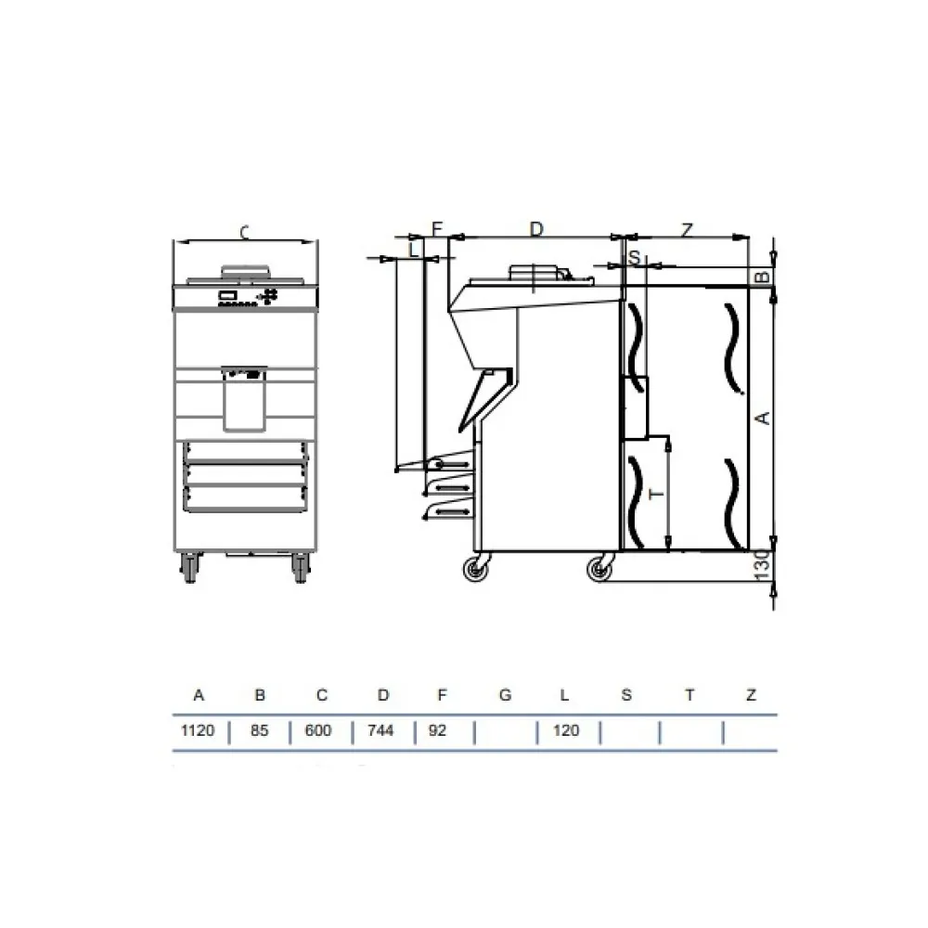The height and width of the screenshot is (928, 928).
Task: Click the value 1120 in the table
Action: (x=197, y=730)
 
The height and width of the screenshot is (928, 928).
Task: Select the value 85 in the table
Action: (x=259, y=730)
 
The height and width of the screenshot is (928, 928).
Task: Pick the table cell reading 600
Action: (x=317, y=730)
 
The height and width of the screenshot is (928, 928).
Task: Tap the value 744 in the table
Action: (x=380, y=730)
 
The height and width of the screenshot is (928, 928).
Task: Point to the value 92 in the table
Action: (x=437, y=730)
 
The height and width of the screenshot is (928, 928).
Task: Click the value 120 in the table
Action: (x=566, y=730)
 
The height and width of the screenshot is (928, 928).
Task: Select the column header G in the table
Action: (x=505, y=695)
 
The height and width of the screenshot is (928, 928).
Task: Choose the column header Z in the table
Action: (x=751, y=695)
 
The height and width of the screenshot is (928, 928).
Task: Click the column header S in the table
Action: (x=626, y=695)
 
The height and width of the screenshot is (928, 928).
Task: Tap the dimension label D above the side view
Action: (x=536, y=228)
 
